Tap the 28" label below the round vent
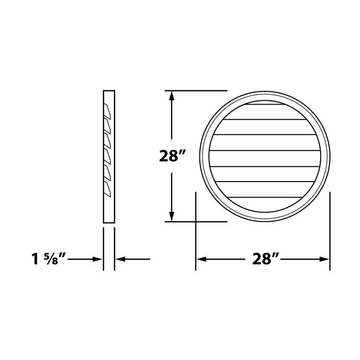pos(264,259)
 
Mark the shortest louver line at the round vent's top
pos(264,103)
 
